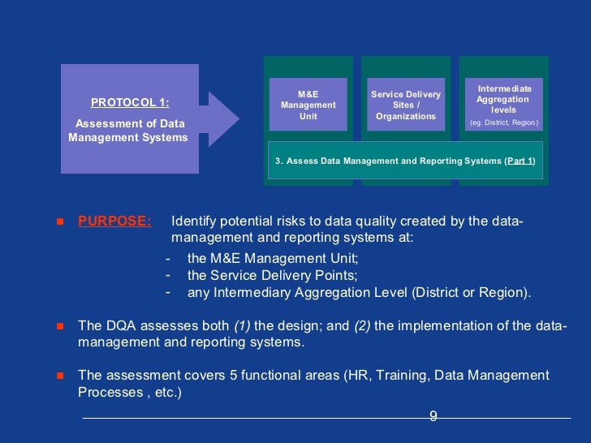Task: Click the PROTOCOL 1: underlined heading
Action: pos(130,102)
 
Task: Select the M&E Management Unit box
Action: pos(308,105)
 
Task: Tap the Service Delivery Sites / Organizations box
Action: pos(406,105)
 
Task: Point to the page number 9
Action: pos(433,416)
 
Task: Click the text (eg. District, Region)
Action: pos(503,123)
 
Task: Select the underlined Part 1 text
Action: pos(520,161)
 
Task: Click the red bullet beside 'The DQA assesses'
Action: pos(59,326)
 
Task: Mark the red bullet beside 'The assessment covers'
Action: pos(59,376)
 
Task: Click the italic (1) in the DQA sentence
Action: pos(242,325)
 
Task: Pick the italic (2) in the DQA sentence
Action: pos(362,325)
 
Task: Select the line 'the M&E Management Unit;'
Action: pos(272,258)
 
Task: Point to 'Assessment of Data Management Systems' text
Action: pos(128,131)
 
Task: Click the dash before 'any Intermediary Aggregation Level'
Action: pos(168,291)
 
